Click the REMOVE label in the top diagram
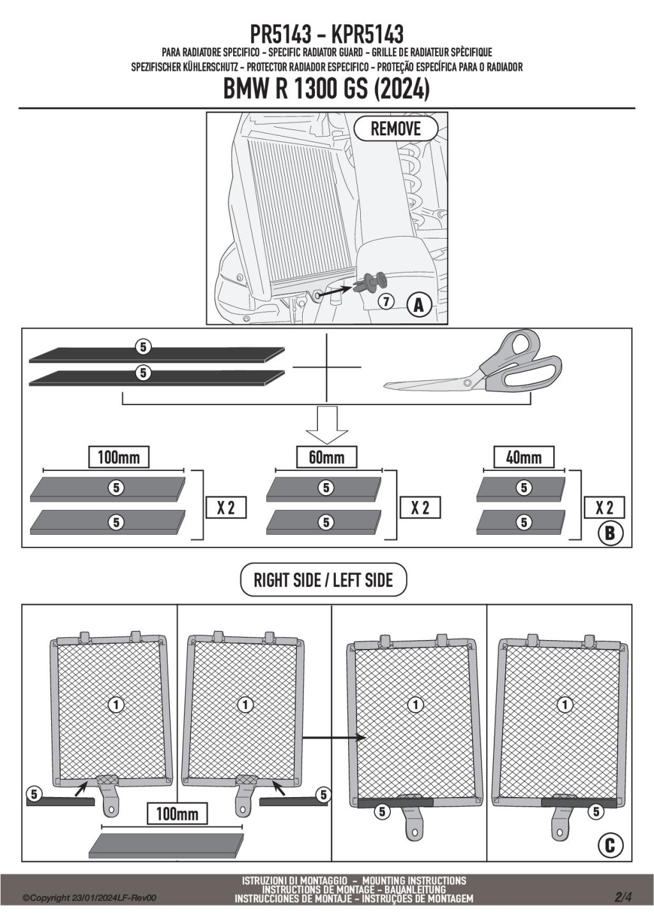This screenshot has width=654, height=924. (395, 129)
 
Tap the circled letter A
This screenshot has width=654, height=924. (419, 305)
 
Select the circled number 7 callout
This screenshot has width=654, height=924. (386, 302)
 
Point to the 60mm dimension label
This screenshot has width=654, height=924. (326, 457)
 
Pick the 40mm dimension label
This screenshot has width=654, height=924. (523, 457)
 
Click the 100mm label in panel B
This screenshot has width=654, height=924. (118, 457)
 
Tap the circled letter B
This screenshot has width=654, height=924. (609, 532)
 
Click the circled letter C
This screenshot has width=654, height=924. (609, 846)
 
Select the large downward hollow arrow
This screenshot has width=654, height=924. (326, 424)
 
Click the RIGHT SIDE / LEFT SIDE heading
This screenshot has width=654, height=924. (323, 580)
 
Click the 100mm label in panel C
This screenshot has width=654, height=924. (177, 814)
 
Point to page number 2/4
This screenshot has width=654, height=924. (623, 897)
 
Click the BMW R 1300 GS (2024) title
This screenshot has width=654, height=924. (326, 89)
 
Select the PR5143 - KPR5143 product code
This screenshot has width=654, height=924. (326, 34)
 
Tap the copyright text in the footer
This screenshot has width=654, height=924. (89, 898)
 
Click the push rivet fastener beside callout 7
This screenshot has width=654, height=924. (371, 281)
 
